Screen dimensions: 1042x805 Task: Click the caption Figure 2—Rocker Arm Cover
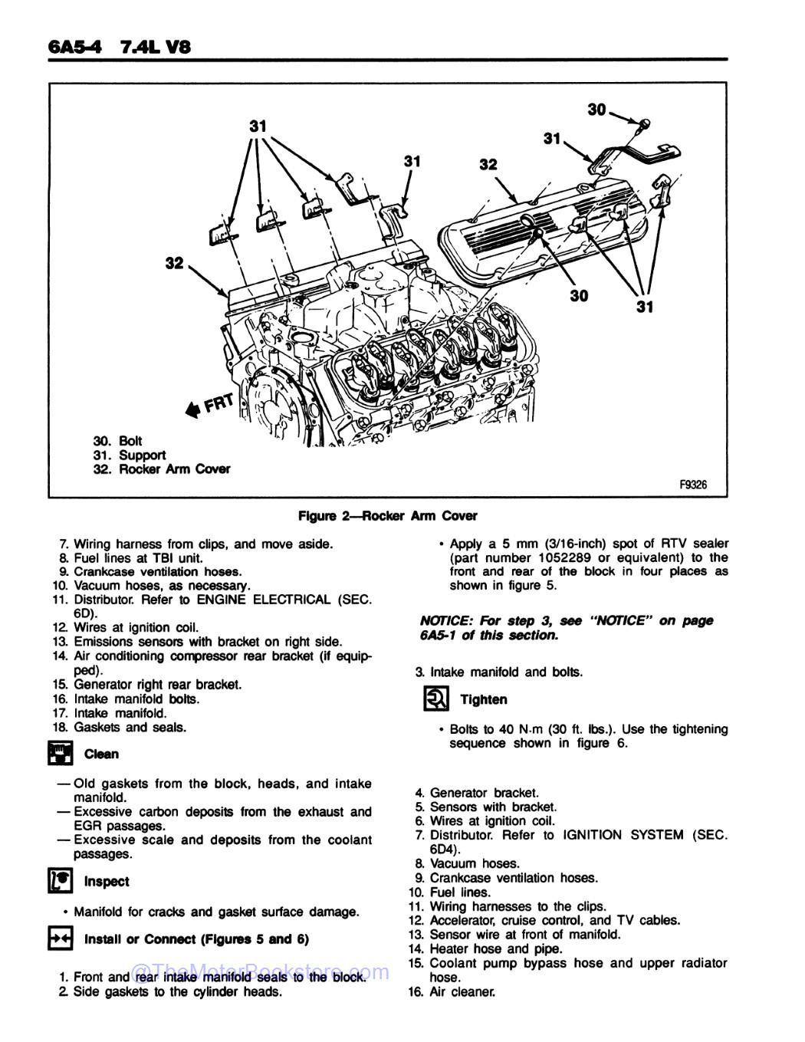pos(387,516)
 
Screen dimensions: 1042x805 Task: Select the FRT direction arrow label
pos(207,402)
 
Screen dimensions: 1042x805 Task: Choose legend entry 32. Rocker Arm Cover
pos(161,468)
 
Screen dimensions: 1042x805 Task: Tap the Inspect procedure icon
pos(60,880)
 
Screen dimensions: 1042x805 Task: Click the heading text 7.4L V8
pos(154,47)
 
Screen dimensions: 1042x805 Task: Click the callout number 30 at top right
pos(597,110)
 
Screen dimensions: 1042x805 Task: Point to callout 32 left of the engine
pos(175,263)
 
